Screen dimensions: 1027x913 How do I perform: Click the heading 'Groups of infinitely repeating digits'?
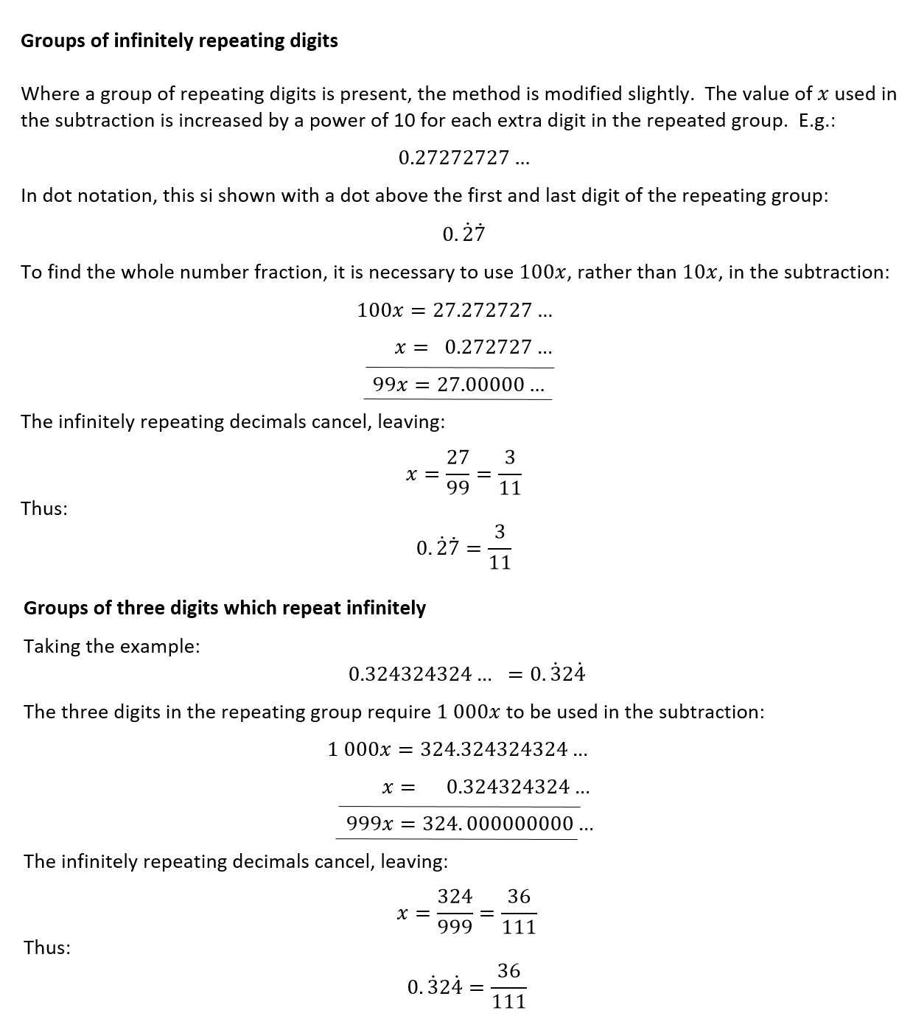coord(179,41)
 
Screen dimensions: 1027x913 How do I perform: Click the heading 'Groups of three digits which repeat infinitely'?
coord(225,608)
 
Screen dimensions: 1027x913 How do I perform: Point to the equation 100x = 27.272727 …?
coord(455,311)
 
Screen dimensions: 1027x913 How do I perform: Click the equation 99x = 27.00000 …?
coord(458,385)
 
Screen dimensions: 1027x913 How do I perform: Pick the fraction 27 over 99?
coord(458,473)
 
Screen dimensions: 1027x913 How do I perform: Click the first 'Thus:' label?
coord(44,508)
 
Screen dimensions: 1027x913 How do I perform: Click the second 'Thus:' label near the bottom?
coord(47,947)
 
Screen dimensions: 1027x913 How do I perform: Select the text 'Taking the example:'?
coord(112,646)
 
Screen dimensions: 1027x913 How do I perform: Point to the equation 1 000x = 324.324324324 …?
coord(458,750)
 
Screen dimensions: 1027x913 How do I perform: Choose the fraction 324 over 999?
coord(455,912)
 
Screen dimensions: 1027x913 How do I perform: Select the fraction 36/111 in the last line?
coord(508,986)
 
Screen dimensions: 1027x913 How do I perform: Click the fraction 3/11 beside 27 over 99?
coord(509,473)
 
